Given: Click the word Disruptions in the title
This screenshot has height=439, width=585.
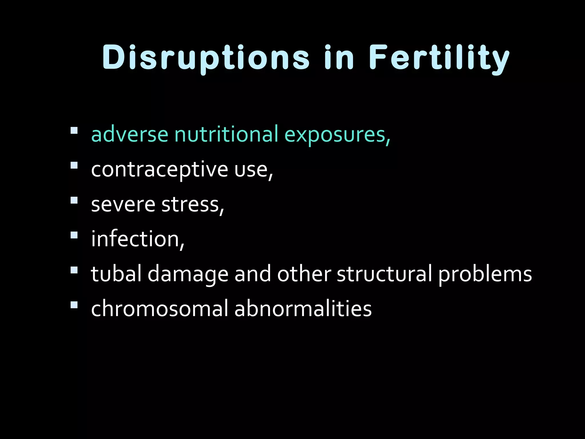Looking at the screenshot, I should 206,58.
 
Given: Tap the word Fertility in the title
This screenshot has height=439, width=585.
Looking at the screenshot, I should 439,58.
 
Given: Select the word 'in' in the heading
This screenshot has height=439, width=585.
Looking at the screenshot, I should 339,58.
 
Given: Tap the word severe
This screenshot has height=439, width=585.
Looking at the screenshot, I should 123,205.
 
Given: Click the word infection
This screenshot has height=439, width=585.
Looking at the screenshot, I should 137,239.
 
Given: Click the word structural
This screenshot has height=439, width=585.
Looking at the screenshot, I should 384,274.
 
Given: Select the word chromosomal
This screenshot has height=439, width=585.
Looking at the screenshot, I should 159,309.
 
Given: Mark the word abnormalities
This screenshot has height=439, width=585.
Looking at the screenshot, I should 303,309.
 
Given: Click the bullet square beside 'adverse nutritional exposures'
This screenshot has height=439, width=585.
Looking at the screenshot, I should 74,131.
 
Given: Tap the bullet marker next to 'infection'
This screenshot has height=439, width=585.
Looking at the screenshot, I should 74,235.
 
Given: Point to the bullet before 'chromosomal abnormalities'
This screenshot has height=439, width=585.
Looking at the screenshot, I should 74,305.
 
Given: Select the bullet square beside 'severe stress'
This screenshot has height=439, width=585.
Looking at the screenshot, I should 74,200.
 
